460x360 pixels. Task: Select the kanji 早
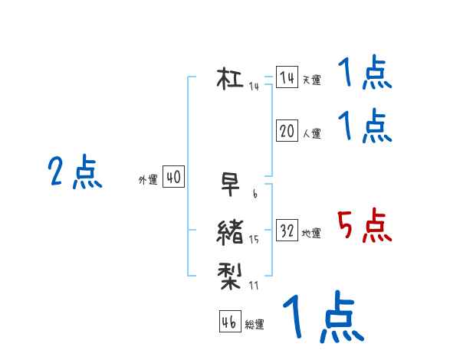(230, 185)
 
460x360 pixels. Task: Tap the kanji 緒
(230, 231)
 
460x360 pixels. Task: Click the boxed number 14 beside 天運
(287, 78)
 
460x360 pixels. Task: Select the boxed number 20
(287, 131)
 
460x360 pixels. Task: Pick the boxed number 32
(287, 231)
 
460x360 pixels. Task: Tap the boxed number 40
(173, 178)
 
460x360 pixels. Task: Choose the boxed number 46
(229, 322)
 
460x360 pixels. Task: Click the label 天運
(311, 80)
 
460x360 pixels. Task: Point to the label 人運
(311, 133)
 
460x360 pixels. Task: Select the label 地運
(311, 233)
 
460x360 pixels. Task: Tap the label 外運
(148, 180)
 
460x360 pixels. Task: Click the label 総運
(255, 324)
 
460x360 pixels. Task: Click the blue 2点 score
(74, 172)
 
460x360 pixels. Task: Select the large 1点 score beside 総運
(322, 317)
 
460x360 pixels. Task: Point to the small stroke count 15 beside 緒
(254, 240)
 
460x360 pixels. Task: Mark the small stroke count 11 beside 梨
(254, 286)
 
